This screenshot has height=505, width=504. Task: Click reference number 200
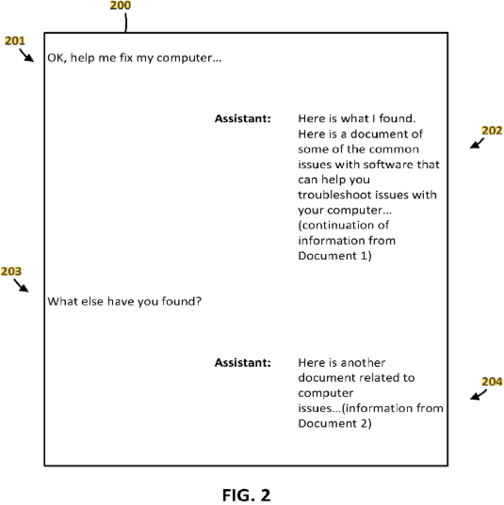121,5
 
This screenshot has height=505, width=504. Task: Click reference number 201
15,40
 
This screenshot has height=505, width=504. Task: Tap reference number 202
492,131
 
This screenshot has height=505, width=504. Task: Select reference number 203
11,271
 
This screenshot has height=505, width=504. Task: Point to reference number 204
492,382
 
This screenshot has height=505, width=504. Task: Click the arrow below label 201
26,55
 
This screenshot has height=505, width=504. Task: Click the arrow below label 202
477,143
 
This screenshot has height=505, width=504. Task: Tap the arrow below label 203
21,285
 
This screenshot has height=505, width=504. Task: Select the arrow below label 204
478,395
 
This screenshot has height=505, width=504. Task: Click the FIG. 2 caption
246,495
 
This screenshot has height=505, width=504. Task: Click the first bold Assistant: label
243,118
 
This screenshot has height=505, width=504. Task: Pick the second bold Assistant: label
243,363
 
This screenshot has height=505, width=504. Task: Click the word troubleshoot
335,195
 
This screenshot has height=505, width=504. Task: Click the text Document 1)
335,256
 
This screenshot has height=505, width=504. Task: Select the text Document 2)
335,423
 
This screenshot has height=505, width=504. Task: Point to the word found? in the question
181,302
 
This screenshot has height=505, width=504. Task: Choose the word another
363,363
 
